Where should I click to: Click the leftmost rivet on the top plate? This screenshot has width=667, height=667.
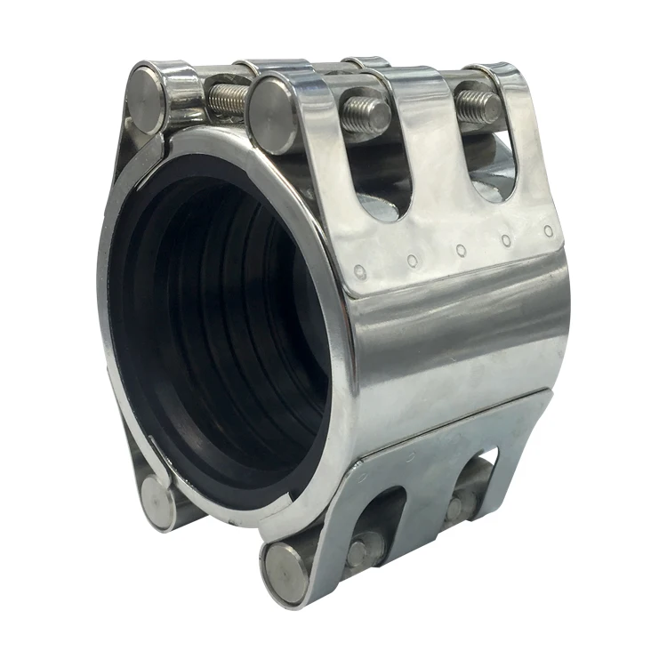tap(358, 272)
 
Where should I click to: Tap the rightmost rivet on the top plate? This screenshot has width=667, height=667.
tap(549, 231)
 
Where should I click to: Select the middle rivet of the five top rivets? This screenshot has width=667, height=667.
tap(461, 251)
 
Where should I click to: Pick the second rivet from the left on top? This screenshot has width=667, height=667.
tap(412, 261)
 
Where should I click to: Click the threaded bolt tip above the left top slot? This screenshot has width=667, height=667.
tap(366, 115)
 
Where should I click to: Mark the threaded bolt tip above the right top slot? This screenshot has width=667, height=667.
tap(479, 108)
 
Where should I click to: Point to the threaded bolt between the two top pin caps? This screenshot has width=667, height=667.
tap(227, 100)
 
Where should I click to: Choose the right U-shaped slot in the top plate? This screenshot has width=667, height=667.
tap(493, 165)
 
